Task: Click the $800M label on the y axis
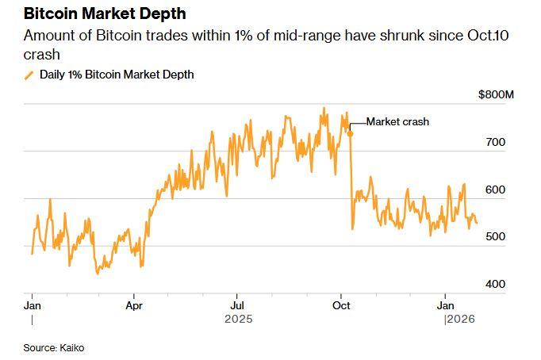[x=497, y=95]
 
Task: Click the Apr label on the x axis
[x=134, y=304]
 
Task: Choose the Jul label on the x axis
[x=236, y=304]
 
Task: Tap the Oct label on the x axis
[x=341, y=304]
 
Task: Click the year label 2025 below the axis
[x=237, y=319]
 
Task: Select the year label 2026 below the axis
[x=459, y=319]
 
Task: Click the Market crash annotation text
[x=397, y=122]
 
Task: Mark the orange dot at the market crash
[x=350, y=133]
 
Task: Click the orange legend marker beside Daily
[x=30, y=75]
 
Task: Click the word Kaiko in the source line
[x=70, y=348]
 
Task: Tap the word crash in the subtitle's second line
[x=40, y=55]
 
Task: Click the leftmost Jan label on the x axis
[x=33, y=304]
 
